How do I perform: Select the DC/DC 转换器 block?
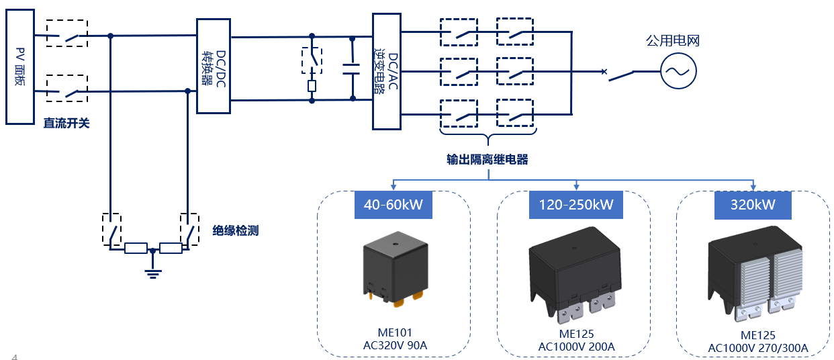(x=214, y=66)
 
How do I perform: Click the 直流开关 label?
(x=66, y=124)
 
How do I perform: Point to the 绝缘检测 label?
(x=235, y=230)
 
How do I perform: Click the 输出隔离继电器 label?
(x=488, y=160)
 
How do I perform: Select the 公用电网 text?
(x=673, y=41)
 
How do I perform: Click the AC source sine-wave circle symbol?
(x=678, y=71)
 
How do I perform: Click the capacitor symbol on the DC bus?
(x=353, y=66)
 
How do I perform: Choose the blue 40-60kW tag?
(x=393, y=204)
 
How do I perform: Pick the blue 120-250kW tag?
(x=575, y=204)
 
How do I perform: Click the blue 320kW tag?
(x=753, y=204)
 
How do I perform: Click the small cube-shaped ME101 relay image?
(x=393, y=272)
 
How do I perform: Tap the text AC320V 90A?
(x=395, y=346)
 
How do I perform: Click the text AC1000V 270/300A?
(x=758, y=348)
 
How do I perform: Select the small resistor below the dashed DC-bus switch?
(x=312, y=86)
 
